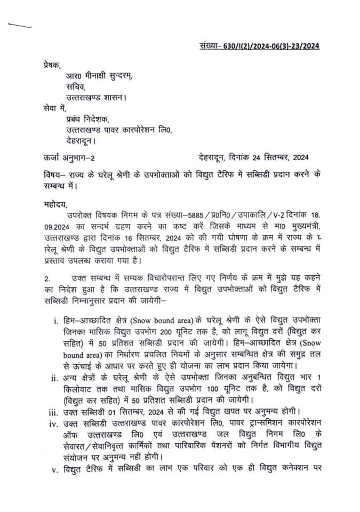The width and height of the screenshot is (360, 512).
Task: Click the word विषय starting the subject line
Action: (x=53, y=176)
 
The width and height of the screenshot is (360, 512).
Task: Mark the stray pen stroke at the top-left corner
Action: (x=20, y=25)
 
